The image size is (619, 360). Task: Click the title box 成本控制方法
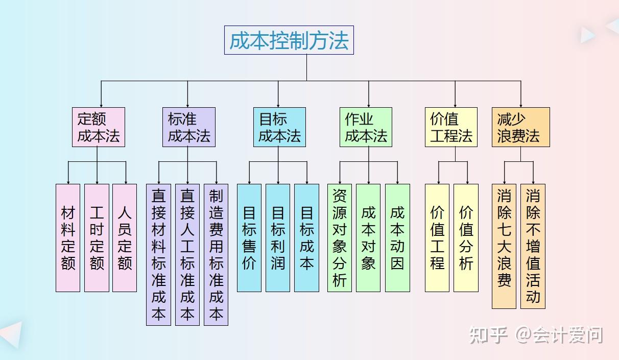click(289, 40)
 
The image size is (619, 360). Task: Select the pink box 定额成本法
click(98, 127)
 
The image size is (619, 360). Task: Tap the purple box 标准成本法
click(188, 127)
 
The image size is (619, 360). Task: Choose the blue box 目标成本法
click(279, 127)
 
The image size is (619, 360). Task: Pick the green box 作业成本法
click(366, 127)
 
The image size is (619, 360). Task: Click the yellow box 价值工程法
click(451, 127)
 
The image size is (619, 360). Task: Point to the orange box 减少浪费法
click(520, 127)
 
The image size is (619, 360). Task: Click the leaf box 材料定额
click(68, 237)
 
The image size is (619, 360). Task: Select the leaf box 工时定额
click(97, 237)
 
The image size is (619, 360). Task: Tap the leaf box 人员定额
click(125, 237)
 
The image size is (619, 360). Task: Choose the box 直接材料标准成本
click(158, 254)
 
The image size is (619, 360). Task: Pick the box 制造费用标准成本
click(216, 254)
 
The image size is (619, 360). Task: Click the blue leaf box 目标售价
click(249, 237)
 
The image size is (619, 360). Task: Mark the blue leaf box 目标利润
click(278, 237)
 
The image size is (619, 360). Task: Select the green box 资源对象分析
click(340, 237)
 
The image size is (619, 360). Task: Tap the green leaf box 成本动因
click(397, 237)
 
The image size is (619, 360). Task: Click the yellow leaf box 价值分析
click(466, 237)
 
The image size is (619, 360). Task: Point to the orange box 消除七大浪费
click(504, 246)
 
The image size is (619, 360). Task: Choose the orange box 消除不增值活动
click(533, 246)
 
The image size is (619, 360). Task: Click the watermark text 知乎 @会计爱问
click(536, 335)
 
